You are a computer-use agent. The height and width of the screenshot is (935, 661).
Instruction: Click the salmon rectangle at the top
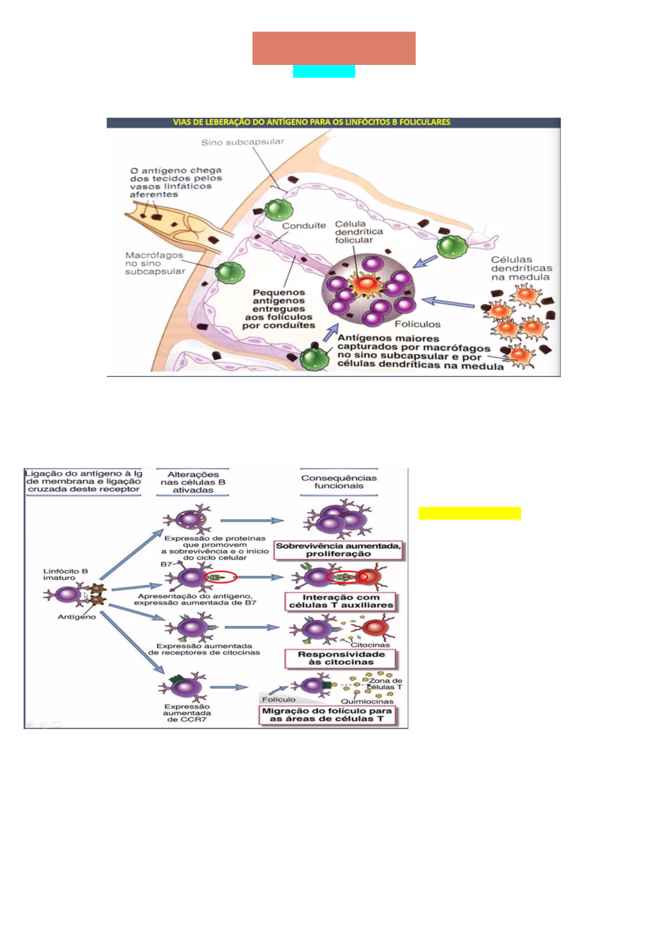pyautogui.click(x=334, y=48)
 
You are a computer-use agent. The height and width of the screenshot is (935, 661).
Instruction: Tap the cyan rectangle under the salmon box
pyautogui.click(x=324, y=72)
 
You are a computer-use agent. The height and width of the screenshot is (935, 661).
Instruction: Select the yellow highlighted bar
pyautogui.click(x=470, y=513)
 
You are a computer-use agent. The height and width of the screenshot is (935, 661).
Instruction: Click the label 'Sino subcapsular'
pyautogui.click(x=243, y=142)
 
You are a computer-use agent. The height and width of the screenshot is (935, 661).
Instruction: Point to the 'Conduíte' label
pyautogui.click(x=304, y=225)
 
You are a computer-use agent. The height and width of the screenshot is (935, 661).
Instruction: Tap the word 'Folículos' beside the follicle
pyautogui.click(x=417, y=324)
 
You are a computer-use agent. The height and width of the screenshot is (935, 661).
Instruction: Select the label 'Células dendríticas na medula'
pyautogui.click(x=521, y=268)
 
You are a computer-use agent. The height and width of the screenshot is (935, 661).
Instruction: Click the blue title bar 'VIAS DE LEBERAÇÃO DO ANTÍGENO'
pyautogui.click(x=333, y=122)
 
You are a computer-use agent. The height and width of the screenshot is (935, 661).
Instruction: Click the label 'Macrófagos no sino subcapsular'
pyautogui.click(x=154, y=263)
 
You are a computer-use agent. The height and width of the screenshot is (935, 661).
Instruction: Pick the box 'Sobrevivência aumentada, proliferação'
pyautogui.click(x=338, y=550)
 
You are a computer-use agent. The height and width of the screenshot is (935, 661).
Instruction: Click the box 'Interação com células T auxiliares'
pyautogui.click(x=341, y=601)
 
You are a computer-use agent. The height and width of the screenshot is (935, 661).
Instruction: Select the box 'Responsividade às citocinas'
pyautogui.click(x=341, y=658)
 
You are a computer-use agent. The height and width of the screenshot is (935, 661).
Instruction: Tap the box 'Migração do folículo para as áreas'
pyautogui.click(x=327, y=715)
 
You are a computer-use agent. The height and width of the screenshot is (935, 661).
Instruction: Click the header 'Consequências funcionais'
pyautogui.click(x=339, y=481)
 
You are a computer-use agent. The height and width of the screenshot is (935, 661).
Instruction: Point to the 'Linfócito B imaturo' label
pyautogui.click(x=65, y=574)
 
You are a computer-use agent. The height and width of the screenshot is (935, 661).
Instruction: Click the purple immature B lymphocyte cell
pyautogui.click(x=68, y=595)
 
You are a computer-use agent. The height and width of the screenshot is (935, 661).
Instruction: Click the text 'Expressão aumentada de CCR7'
pyautogui.click(x=186, y=713)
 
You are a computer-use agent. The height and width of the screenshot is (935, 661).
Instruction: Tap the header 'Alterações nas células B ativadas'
pyautogui.click(x=193, y=482)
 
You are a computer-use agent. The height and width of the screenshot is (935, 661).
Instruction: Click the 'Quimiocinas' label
pyautogui.click(x=367, y=701)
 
